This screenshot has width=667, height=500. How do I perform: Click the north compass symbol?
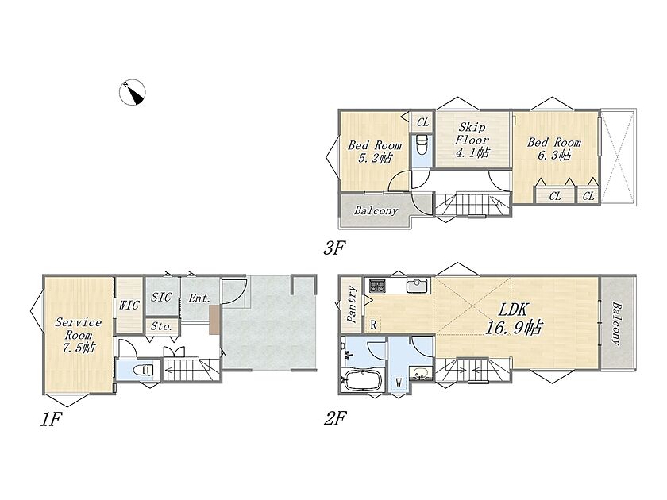click(x=133, y=92)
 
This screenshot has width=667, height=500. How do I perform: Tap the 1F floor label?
click(x=51, y=420)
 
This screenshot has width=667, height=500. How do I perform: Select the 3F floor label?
click(x=334, y=248)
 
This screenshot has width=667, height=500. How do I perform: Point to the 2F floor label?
click(x=335, y=419)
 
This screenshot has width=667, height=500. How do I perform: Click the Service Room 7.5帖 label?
click(x=79, y=335)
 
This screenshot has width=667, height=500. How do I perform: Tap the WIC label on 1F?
click(x=129, y=305)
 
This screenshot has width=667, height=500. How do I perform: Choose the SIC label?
click(x=161, y=297)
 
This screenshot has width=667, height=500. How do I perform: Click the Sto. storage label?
click(x=162, y=326)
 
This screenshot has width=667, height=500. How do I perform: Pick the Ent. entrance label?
click(x=199, y=298)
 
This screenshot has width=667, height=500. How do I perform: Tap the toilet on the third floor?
click(x=422, y=145)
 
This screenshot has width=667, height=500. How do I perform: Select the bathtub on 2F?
click(x=363, y=379)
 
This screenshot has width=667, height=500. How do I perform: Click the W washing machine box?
click(x=399, y=383)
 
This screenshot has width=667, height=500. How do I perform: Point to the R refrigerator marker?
click(x=373, y=325)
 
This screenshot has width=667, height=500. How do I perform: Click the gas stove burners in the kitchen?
click(x=377, y=285)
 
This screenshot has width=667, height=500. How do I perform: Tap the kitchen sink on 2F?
click(x=416, y=285)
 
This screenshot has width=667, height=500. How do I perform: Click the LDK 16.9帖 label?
click(x=514, y=318)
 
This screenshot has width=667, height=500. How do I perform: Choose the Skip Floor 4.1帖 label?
click(x=472, y=140)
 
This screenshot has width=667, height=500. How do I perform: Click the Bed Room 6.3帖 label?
click(x=554, y=148)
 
